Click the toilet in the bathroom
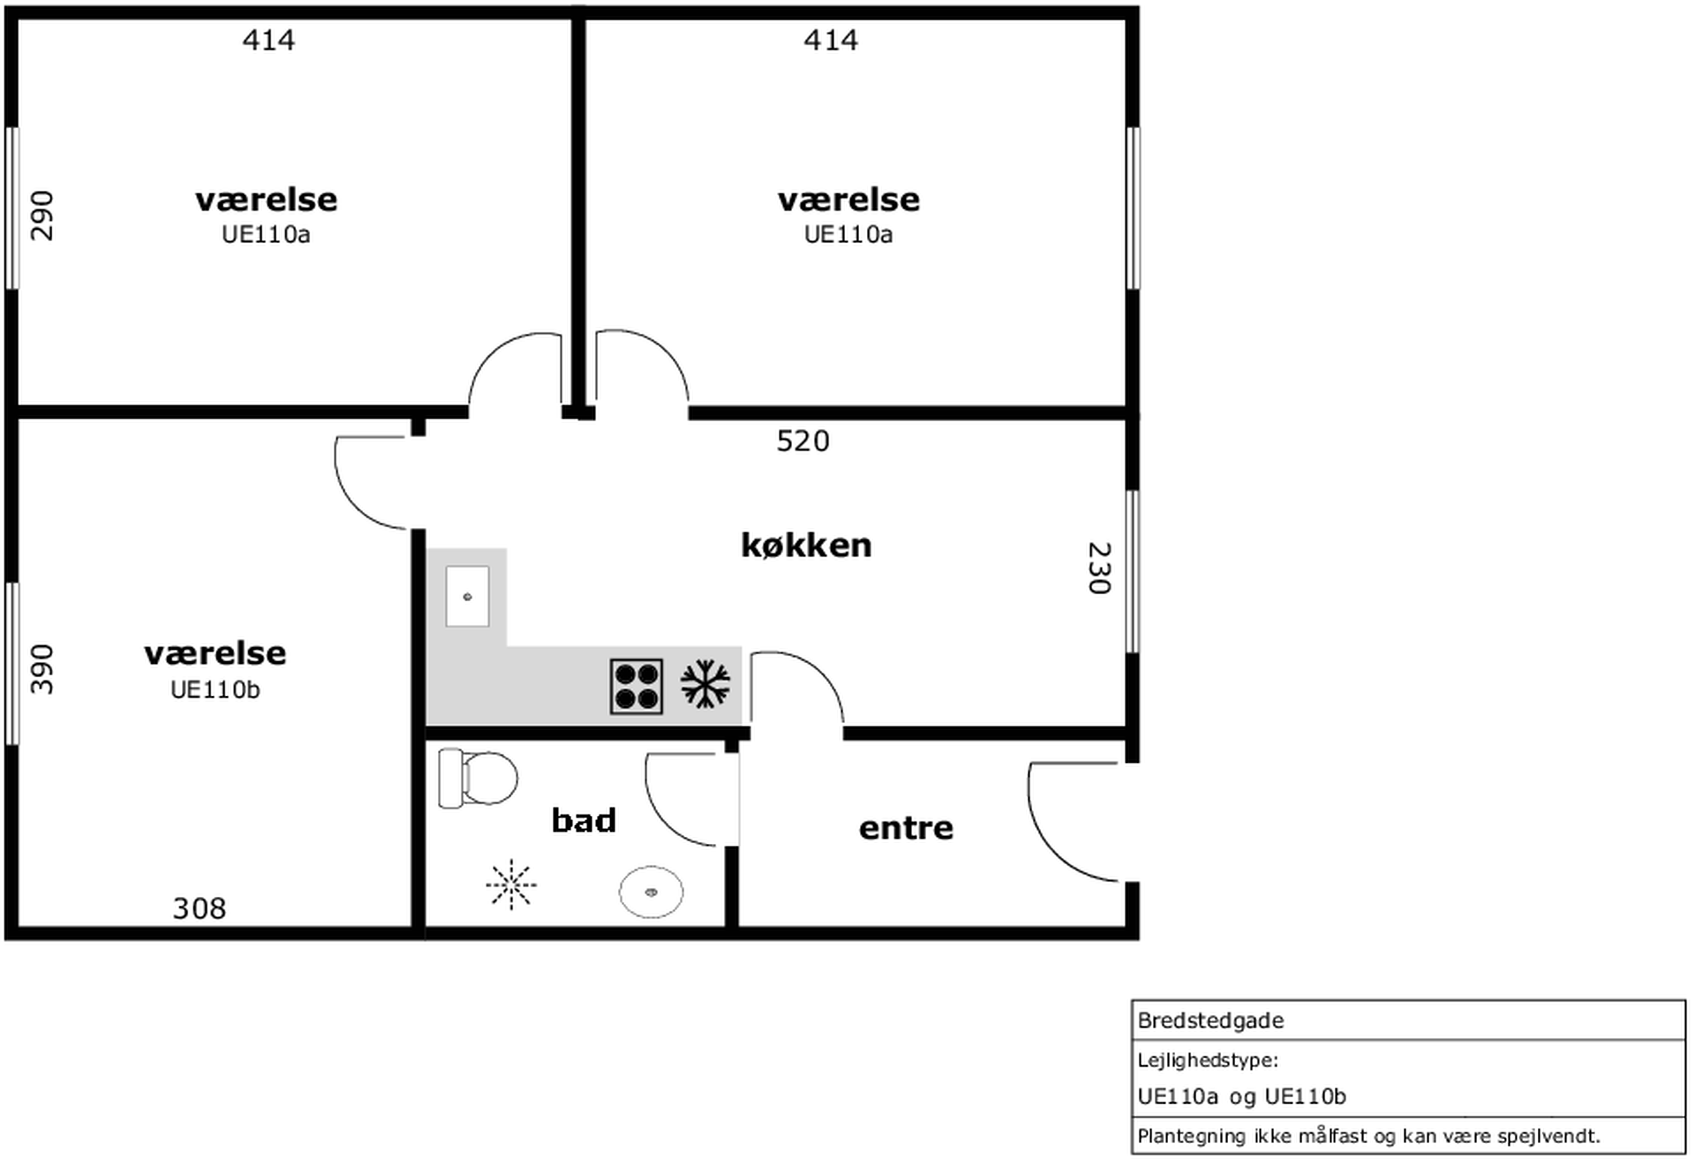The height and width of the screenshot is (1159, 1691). pyautogui.click(x=477, y=778)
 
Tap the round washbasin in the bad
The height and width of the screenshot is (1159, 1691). pyautogui.click(x=651, y=892)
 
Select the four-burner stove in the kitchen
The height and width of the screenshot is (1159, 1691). pyautogui.click(x=637, y=686)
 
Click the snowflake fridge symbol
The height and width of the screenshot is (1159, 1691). pyautogui.click(x=705, y=684)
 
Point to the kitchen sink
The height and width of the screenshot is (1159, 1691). pyautogui.click(x=467, y=597)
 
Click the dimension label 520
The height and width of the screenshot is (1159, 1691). pyautogui.click(x=803, y=441)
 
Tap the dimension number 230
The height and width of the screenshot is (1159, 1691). pyautogui.click(x=1099, y=568)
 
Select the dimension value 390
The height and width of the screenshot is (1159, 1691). pyautogui.click(x=42, y=670)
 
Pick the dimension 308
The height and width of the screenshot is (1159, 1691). pyautogui.click(x=199, y=908)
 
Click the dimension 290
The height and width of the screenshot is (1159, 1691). pyautogui.click(x=42, y=216)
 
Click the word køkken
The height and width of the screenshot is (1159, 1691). pyautogui.click(x=806, y=545)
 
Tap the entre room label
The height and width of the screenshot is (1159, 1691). pyautogui.click(x=906, y=828)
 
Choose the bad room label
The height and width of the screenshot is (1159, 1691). pyautogui.click(x=583, y=820)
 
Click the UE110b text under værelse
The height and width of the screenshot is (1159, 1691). pyautogui.click(x=215, y=690)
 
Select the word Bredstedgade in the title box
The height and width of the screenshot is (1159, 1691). pyautogui.click(x=1211, y=1021)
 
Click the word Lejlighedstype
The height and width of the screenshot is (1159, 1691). pyautogui.click(x=1207, y=1061)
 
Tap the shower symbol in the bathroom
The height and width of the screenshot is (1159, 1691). pyautogui.click(x=512, y=885)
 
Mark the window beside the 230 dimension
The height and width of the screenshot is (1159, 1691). pyautogui.click(x=1133, y=571)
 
